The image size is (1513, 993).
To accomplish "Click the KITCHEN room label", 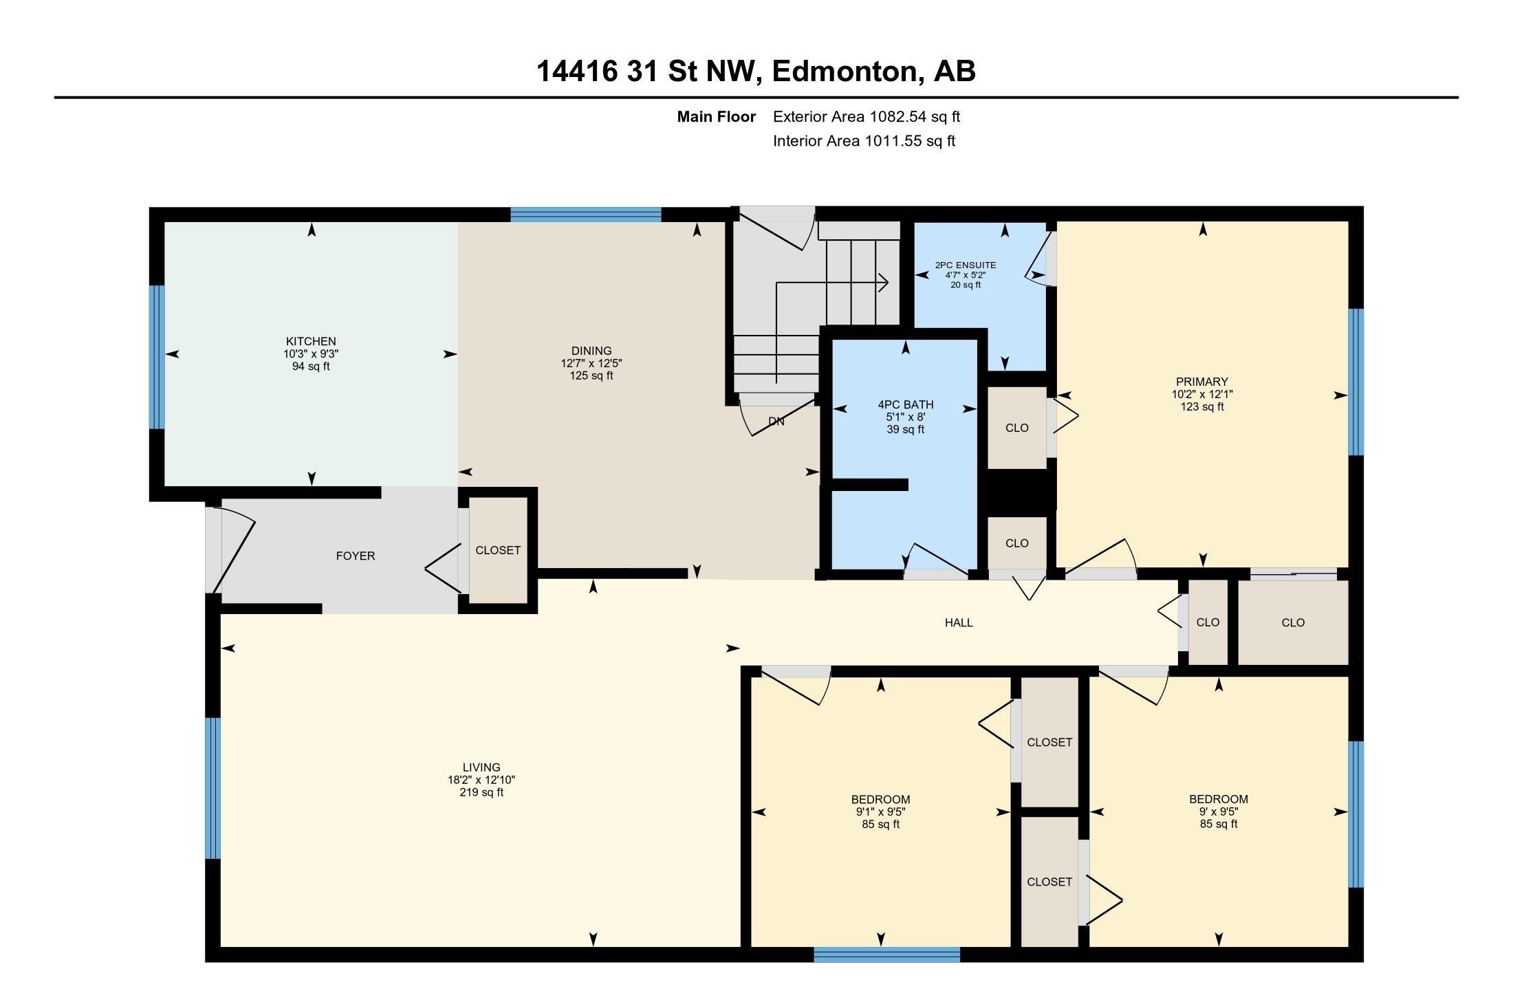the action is [x=311, y=341].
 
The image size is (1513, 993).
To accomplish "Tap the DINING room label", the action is [x=591, y=351].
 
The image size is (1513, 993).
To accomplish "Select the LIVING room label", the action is [x=481, y=767].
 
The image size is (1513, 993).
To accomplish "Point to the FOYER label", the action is [x=356, y=556].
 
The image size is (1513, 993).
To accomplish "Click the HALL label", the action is [x=959, y=622].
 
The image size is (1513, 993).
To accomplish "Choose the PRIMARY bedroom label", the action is [x=1201, y=382].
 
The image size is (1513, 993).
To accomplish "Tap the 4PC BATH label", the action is [x=906, y=404].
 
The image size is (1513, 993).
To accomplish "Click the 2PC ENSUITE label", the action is [x=966, y=265].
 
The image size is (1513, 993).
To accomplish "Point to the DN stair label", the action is [x=776, y=422].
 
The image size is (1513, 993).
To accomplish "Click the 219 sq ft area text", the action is [x=481, y=792].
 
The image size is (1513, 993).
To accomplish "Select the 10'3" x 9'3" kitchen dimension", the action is [x=311, y=353].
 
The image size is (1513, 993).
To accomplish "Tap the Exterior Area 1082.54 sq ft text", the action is [x=867, y=117].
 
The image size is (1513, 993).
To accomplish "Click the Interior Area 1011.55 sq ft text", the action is [x=864, y=141].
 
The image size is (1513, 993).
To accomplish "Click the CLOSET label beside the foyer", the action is [x=498, y=550].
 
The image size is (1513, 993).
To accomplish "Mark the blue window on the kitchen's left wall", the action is [x=157, y=358].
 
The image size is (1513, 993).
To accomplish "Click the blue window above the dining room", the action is [x=586, y=215].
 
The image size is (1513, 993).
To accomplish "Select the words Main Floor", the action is [x=716, y=117].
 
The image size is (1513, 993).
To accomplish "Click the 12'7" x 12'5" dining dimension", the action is [x=591, y=363].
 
